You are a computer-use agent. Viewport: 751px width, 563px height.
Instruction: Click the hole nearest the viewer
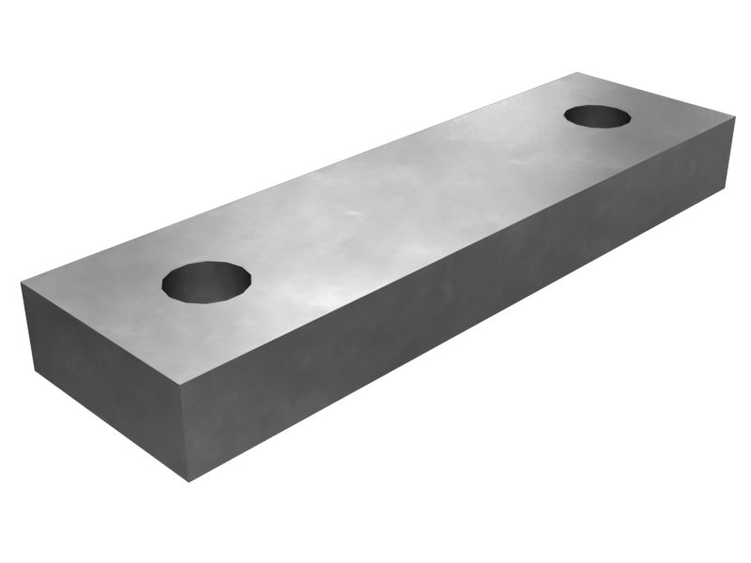[207, 281]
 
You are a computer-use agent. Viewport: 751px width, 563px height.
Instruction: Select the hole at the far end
[597, 117]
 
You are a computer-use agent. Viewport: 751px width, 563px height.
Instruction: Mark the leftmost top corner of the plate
[21, 282]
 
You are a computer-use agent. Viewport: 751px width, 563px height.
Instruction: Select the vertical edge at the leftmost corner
[28, 327]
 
